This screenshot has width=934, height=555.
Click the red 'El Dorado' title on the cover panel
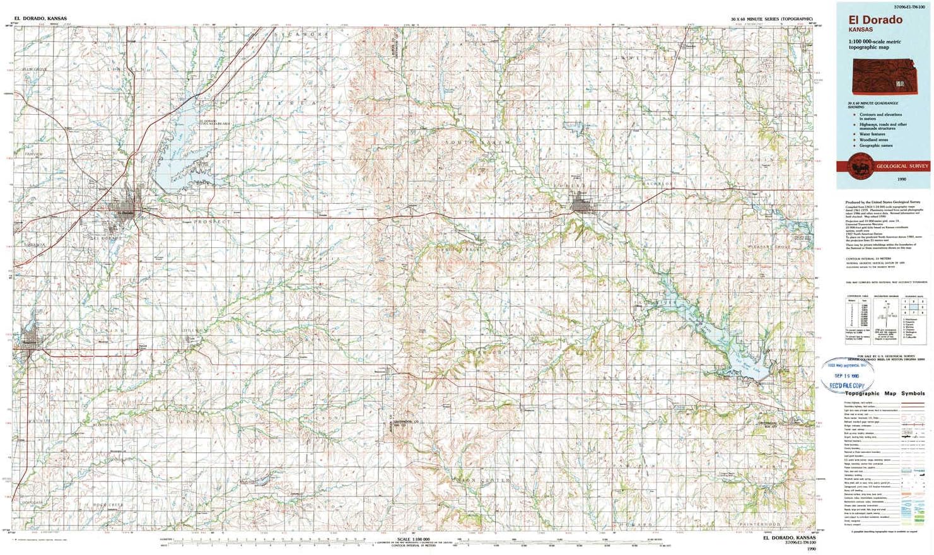(875, 20)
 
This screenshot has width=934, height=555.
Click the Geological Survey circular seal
(860, 166)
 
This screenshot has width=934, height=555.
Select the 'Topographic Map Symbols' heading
(885, 394)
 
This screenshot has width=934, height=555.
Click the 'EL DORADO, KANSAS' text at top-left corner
(40, 19)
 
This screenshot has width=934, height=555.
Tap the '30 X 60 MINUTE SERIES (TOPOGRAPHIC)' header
(771, 20)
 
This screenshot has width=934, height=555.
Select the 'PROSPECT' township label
(213, 222)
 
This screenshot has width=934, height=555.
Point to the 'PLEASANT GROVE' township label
(768, 247)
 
